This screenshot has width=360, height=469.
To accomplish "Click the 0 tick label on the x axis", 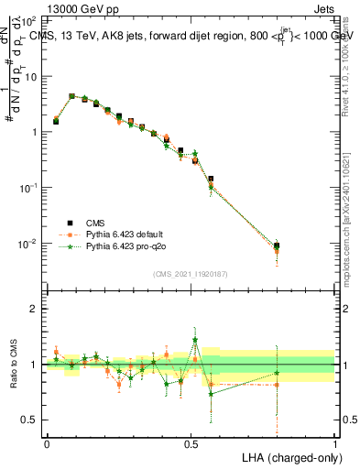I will pyautogui.click(x=47, y=442).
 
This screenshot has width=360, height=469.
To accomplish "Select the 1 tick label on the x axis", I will pyautogui.click(x=334, y=442).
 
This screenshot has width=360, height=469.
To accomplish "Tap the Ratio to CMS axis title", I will pyautogui.click(x=16, y=365).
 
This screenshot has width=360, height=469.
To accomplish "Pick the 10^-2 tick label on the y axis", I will pyautogui.click(x=27, y=244).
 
